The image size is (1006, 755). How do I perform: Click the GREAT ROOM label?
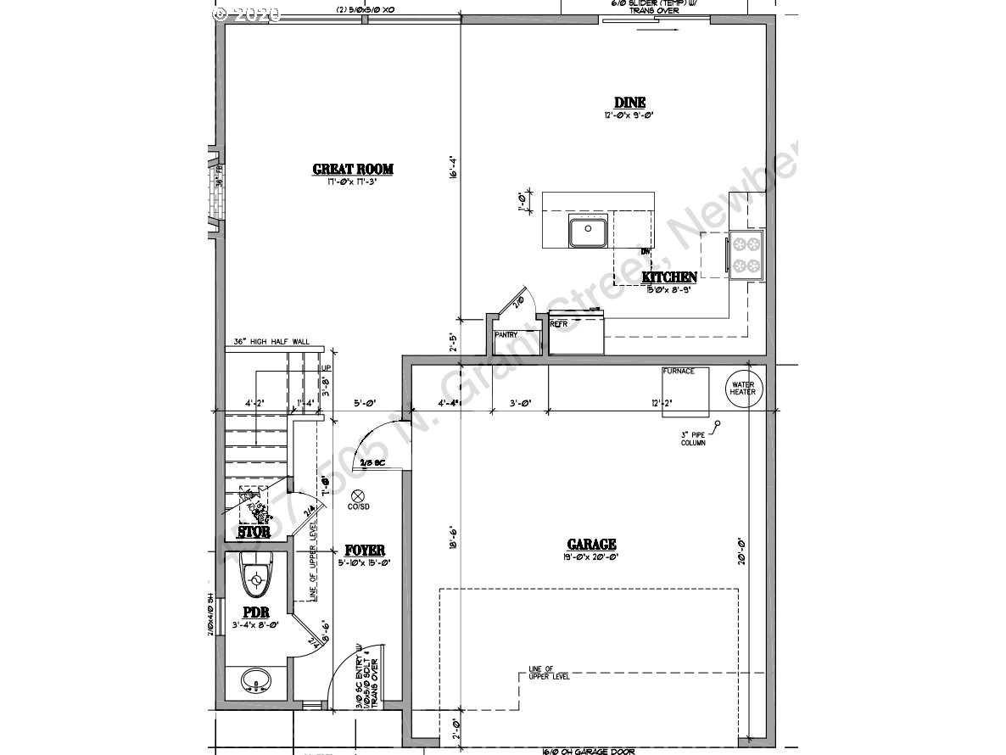click(352, 169)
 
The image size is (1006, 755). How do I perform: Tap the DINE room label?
click(629, 103)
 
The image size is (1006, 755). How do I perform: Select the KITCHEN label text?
click(669, 277)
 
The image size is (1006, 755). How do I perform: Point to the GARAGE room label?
click(590, 545)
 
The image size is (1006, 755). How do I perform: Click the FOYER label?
click(365, 550)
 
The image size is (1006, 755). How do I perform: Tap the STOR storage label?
click(254, 533)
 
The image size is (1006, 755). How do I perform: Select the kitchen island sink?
click(586, 232)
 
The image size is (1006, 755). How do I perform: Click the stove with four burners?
click(747, 254)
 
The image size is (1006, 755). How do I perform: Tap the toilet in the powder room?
click(254, 578)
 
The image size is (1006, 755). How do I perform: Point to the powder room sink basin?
click(255, 680)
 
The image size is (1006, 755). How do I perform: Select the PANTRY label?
click(506, 335)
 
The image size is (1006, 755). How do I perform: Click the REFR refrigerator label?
click(558, 324)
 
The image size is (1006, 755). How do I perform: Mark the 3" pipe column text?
click(692, 439)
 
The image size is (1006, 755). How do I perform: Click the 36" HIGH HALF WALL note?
click(271, 343)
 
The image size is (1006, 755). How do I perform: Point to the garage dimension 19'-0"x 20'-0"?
click(590, 557)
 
